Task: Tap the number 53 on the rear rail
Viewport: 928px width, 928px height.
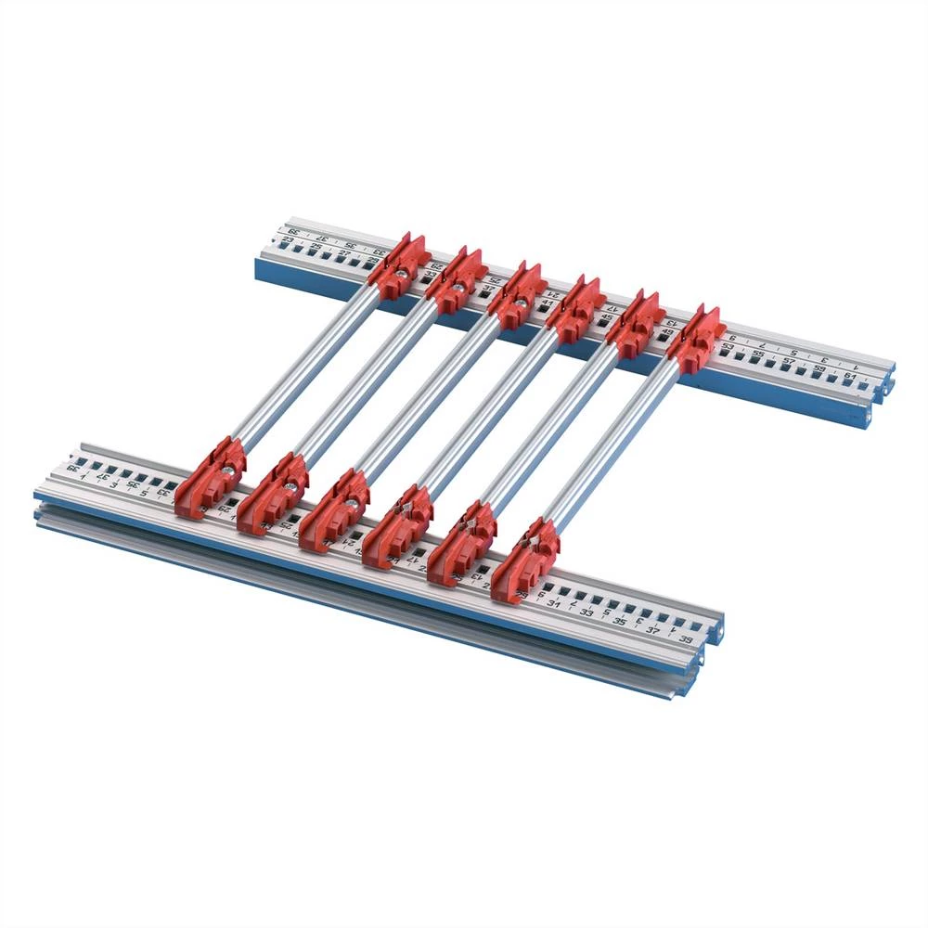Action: (728, 346)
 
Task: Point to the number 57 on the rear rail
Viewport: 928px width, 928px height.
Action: (788, 361)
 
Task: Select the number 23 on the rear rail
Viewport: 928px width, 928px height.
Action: (289, 240)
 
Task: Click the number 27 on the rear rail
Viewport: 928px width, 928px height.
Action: (343, 252)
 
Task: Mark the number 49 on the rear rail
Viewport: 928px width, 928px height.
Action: (666, 332)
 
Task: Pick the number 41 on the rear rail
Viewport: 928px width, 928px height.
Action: (547, 303)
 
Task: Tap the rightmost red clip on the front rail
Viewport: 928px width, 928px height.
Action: (524, 561)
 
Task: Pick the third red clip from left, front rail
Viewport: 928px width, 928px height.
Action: (333, 509)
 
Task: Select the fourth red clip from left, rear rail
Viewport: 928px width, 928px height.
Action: (576, 309)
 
